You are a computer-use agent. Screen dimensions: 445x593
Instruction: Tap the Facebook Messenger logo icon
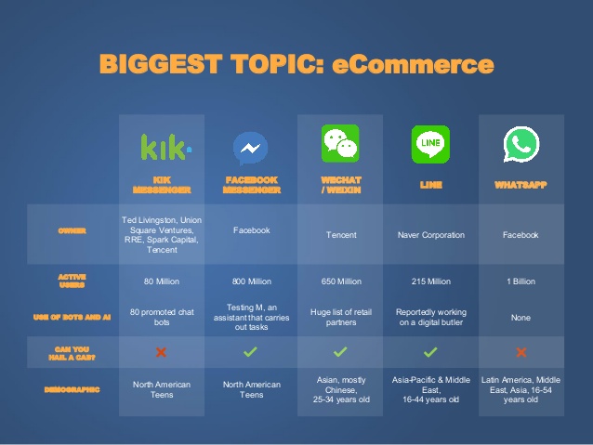250,148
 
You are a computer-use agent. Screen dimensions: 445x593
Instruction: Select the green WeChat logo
339,144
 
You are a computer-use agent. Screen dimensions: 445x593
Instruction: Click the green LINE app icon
429,144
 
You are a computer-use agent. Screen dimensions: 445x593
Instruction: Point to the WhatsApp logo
521,145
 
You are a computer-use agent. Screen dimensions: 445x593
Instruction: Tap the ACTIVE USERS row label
72,280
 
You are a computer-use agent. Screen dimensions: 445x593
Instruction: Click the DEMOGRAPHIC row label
72,389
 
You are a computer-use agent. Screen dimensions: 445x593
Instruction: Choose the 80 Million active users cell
162,281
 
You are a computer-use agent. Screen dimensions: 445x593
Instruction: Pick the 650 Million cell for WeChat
339,281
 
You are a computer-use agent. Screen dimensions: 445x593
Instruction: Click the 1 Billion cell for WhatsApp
521,281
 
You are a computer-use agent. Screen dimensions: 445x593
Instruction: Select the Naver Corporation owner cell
429,235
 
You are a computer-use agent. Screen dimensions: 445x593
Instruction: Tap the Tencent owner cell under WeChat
340,235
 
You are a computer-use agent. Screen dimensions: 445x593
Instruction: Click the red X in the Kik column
161,352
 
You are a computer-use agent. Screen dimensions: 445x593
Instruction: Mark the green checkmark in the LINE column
429,352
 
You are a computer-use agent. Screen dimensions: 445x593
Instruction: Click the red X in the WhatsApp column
521,352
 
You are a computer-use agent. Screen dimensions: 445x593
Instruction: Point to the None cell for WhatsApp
521,318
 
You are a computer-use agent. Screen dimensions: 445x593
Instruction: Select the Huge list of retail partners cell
339,318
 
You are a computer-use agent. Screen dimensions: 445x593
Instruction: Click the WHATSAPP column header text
521,185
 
